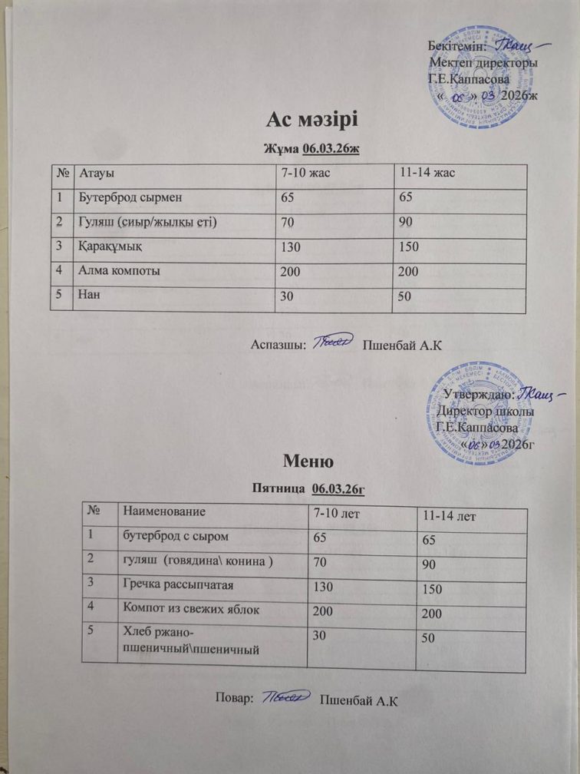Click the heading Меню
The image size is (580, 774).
coord(307,461)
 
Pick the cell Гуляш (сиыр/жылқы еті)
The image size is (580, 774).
coord(145,223)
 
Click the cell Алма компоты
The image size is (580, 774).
coord(122,271)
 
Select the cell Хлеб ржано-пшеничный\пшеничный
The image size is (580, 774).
coord(184,641)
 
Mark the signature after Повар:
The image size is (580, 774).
coord(285,697)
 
